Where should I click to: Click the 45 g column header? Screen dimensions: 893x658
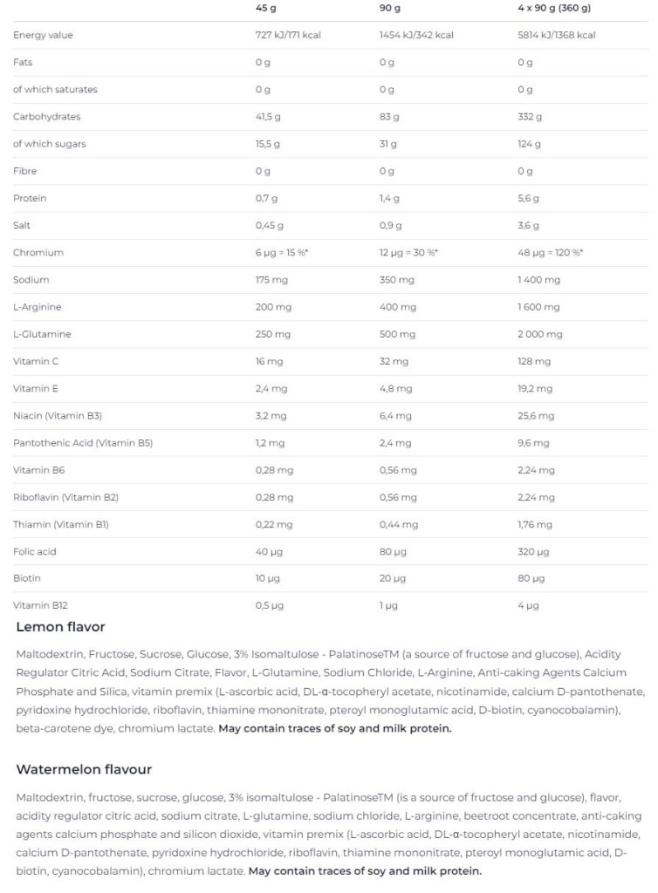(x=265, y=8)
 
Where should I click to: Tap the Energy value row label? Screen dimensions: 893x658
(x=43, y=35)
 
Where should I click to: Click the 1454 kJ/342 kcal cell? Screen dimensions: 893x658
(x=416, y=35)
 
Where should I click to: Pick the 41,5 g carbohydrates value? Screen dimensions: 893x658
(x=268, y=117)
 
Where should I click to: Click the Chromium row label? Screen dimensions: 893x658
(x=38, y=253)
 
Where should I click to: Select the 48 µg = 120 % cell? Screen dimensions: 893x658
(x=550, y=253)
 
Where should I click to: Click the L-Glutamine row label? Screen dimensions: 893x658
(x=42, y=334)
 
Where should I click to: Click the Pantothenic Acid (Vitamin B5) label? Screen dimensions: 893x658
(x=83, y=443)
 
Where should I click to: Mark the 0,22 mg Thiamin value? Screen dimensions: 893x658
(x=274, y=525)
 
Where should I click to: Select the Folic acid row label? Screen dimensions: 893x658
(x=35, y=552)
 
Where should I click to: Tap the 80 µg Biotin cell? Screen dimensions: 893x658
(x=531, y=578)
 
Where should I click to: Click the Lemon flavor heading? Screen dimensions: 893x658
(x=60, y=627)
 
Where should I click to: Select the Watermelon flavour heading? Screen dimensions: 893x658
(x=84, y=769)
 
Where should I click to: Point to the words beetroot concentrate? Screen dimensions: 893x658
(x=502, y=815)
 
